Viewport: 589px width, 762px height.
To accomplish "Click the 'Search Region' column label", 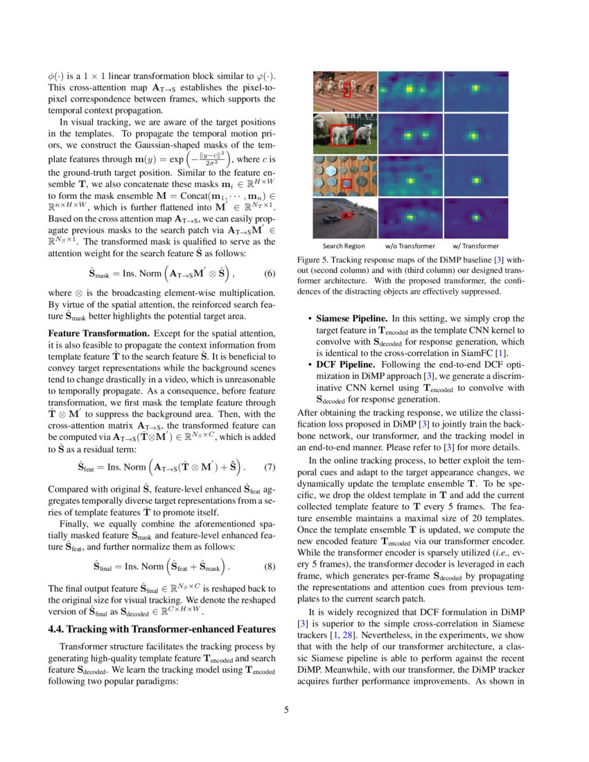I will click(344, 245).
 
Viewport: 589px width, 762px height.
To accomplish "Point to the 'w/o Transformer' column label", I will click(410, 245).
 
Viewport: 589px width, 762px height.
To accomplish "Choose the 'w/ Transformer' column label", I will click(475, 245).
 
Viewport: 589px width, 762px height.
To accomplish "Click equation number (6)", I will click(270, 272).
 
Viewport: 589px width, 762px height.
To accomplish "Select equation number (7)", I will click(270, 466).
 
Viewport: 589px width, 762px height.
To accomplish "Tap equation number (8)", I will click(270, 567).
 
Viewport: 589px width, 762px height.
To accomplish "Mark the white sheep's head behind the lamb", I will click(320, 125).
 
